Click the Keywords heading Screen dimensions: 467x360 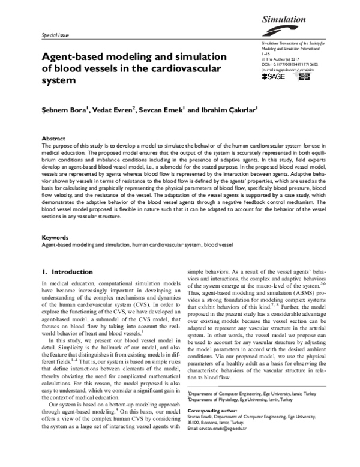click(x=56, y=238)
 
